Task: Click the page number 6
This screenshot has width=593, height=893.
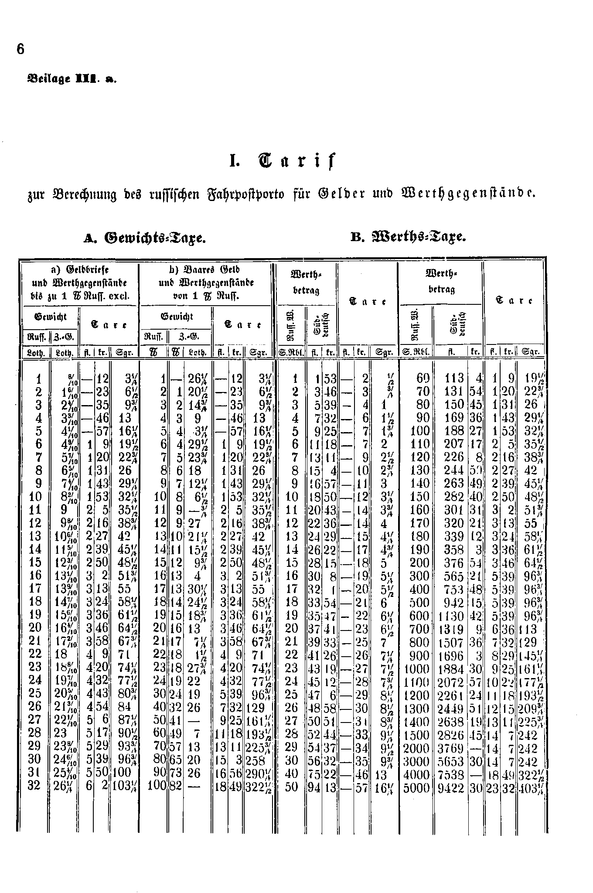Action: [x=20, y=49]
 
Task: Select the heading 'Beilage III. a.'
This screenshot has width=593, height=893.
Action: [x=72, y=79]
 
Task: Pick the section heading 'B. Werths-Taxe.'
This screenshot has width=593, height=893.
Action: [x=409, y=238]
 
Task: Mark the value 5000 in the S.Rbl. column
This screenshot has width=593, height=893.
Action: [x=417, y=788]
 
